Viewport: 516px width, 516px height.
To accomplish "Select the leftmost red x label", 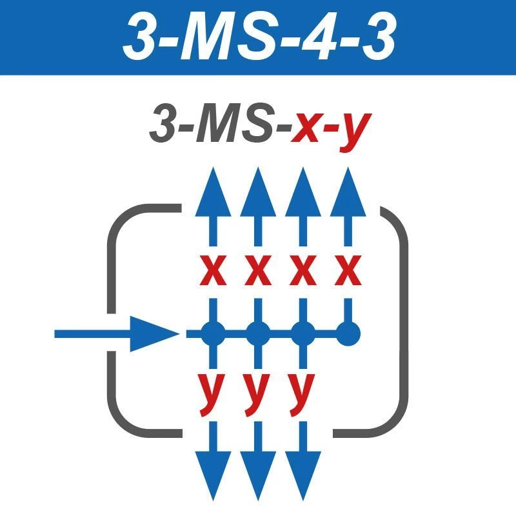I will [x=213, y=272].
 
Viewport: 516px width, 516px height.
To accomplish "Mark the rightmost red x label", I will [x=348, y=272].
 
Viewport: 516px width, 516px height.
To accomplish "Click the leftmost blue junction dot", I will [x=213, y=333].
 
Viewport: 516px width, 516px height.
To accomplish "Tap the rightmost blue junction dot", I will [x=348, y=333].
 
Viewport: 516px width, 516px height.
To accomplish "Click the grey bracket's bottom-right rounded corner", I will [x=393, y=419].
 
